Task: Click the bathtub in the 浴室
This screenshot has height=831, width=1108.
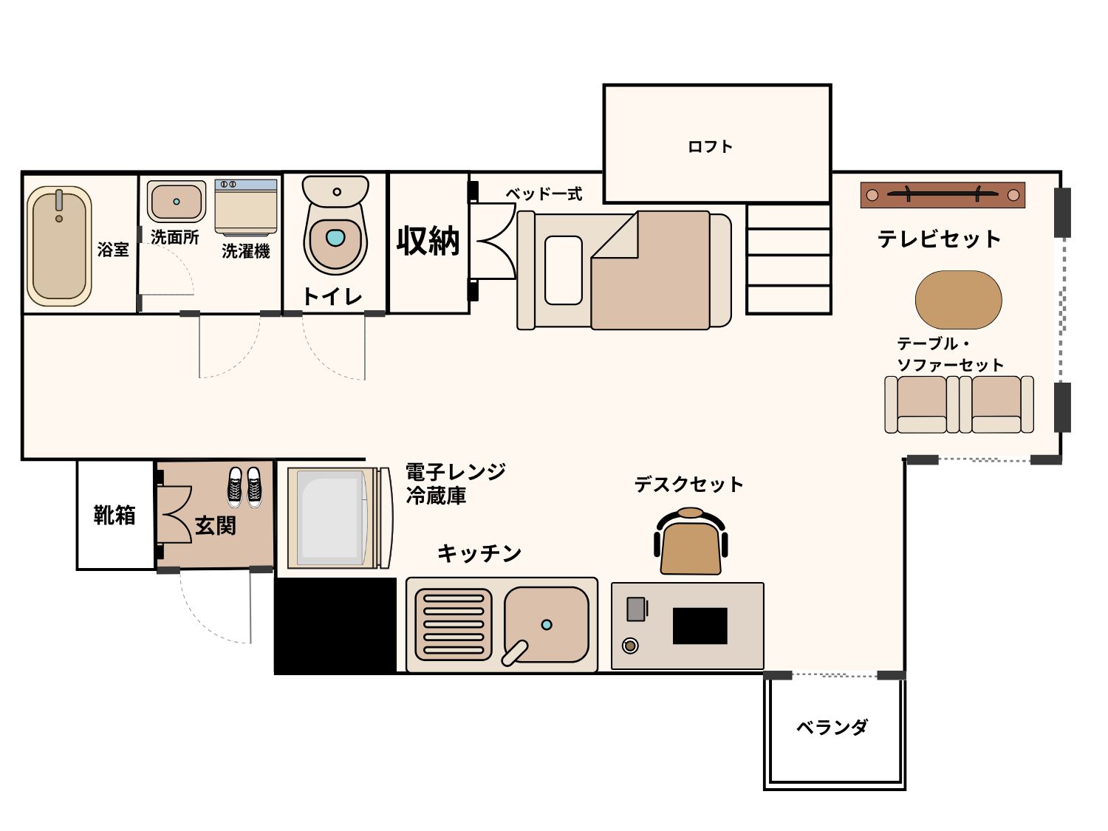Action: pos(59,246)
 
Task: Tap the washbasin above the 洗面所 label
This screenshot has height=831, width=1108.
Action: pos(176,202)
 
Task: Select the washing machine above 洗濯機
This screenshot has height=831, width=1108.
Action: pos(246,207)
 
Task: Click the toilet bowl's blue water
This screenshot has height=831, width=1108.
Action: pos(335,237)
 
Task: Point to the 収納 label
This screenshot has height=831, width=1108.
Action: pos(428,241)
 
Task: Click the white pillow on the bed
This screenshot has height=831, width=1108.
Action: pos(564,270)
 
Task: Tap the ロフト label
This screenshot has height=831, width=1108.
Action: pos(711,147)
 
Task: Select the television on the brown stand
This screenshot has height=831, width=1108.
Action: pos(943,194)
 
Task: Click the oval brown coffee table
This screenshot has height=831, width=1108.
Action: pos(959,300)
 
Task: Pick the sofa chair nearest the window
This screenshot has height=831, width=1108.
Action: pos(996,405)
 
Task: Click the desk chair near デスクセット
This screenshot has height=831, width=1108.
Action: pos(691,541)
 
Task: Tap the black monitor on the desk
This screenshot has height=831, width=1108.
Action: pos(700,626)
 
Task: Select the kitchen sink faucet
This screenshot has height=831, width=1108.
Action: pos(515,654)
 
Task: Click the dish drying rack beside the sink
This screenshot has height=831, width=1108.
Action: pos(454,625)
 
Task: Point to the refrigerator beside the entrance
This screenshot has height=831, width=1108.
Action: pos(340,518)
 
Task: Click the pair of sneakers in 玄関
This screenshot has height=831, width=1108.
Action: pos(244,486)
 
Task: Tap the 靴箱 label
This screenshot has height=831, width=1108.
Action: pos(114,515)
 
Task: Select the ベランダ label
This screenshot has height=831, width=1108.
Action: pos(832,727)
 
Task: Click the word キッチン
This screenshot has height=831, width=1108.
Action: pos(479,553)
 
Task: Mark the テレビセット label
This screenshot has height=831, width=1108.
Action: pos(939,239)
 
